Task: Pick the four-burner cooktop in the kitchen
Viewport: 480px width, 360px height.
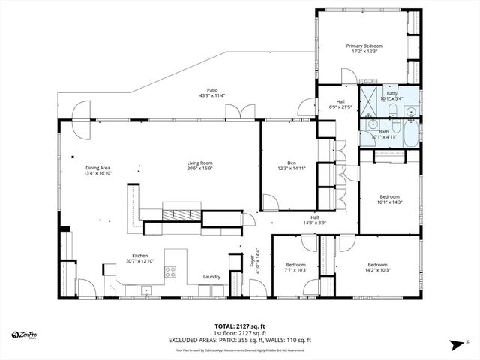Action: [x=170, y=271]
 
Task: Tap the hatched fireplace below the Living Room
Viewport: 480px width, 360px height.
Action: [x=182, y=213]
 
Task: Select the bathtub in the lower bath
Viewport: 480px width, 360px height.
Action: [x=404, y=136]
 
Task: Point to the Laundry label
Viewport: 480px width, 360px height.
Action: [x=211, y=277]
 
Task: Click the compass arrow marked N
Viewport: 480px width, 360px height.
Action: [x=457, y=344]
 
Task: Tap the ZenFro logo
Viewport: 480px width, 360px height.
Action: [x=24, y=334]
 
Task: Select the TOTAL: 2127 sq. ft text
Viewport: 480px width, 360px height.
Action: [x=239, y=326]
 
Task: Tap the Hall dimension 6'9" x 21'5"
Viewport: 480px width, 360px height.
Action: [x=340, y=106]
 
